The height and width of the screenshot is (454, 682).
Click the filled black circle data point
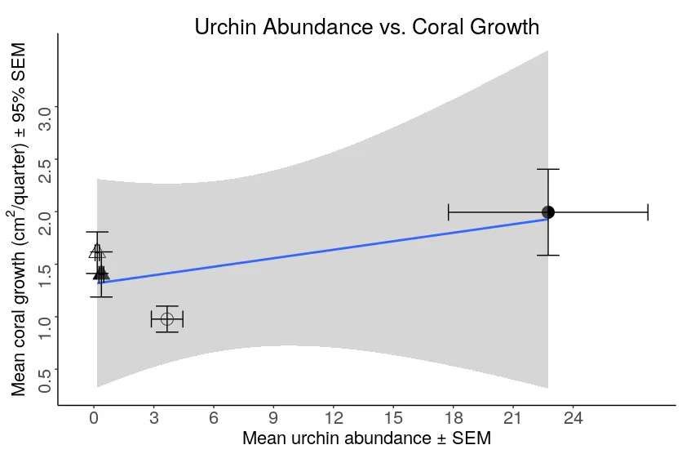pos(548,212)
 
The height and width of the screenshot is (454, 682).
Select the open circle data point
pos(167,318)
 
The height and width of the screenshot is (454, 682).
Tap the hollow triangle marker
pos(97,251)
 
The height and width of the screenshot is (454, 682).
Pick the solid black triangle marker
pos(101,274)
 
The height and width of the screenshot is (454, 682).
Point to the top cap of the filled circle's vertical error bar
pos(548,169)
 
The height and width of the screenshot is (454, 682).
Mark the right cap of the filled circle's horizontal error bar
pos(648,212)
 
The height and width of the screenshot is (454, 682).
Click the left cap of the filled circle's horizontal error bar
pos(449,212)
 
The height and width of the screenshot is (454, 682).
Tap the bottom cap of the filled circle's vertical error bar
pos(548,255)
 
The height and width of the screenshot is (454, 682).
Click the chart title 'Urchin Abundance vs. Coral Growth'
pos(366,26)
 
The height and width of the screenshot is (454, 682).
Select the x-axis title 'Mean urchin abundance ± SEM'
pos(366,438)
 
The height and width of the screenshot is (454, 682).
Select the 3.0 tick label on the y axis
pos(46,118)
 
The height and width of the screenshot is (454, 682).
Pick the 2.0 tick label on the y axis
pos(46,222)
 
